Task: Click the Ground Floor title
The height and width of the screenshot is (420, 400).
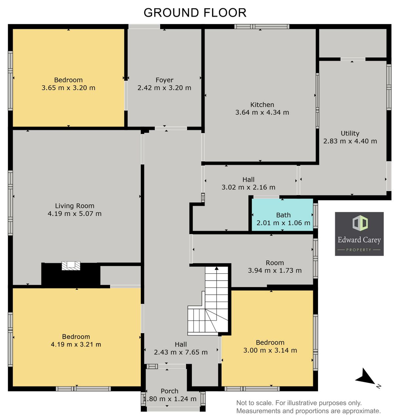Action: point(195,13)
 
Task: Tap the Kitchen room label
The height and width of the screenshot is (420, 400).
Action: point(262,105)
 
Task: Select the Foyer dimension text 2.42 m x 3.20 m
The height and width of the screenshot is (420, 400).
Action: point(164,88)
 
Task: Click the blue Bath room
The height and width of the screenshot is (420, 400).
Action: point(282,215)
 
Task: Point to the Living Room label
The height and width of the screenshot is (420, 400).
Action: point(74,206)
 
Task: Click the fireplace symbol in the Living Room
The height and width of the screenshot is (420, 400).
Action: point(71,265)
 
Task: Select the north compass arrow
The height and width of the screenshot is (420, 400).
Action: point(366,378)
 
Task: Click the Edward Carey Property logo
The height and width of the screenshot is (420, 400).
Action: point(359,234)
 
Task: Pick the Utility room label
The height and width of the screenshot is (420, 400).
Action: point(350,133)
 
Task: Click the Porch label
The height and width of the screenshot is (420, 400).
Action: point(169,391)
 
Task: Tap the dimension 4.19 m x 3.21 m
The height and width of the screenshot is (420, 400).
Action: point(76,345)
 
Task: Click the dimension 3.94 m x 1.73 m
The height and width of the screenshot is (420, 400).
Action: point(275,270)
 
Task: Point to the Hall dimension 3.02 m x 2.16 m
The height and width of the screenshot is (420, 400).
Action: point(248,187)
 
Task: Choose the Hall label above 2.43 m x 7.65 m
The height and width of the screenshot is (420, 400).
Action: point(181,345)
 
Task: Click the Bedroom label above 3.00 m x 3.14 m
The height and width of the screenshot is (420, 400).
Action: point(270,343)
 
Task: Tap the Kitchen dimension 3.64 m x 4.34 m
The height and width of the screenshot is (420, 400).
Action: point(262,112)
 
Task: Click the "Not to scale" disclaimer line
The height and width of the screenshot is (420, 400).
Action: point(299,403)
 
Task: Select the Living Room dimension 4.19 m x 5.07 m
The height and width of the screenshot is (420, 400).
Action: point(74,213)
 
